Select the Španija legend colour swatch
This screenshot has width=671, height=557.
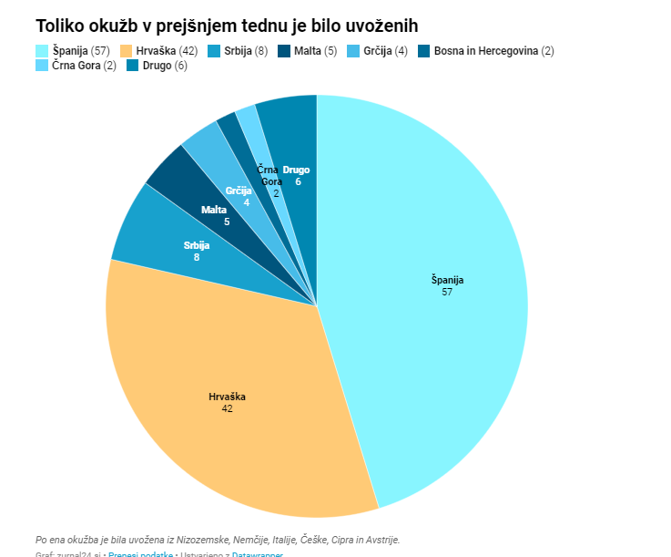(43, 51)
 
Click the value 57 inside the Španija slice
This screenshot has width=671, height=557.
(447, 292)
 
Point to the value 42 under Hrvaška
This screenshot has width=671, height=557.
(227, 408)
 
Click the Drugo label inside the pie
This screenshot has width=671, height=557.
(296, 170)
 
